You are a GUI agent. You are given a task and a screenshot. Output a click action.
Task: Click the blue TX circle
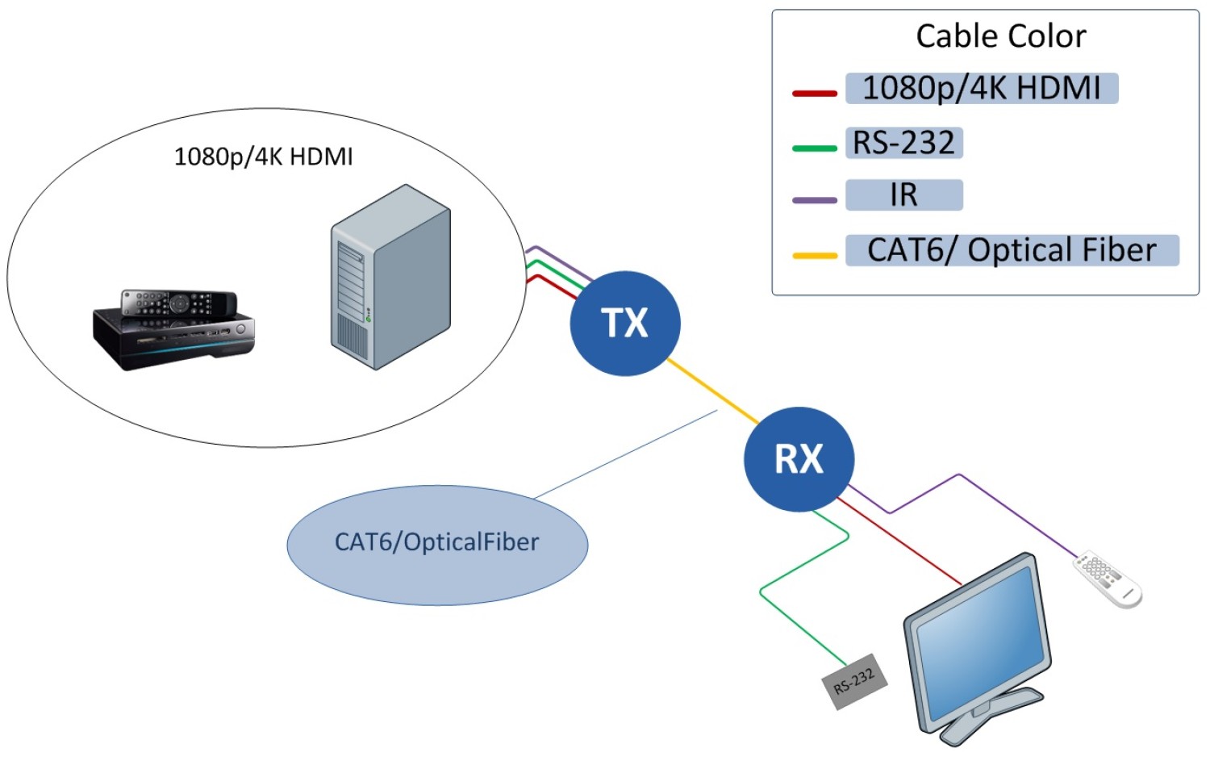tap(625, 323)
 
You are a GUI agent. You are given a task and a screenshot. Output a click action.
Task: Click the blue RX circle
tap(799, 458)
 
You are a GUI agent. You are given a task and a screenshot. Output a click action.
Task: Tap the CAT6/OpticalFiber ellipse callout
tap(437, 543)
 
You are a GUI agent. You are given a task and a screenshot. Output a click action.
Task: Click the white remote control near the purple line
tap(1107, 579)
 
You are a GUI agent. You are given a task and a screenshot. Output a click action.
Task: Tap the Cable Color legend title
tap(1000, 36)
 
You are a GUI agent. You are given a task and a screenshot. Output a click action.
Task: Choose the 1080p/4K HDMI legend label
tap(981, 88)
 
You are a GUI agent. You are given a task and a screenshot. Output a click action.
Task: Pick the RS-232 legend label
tap(903, 143)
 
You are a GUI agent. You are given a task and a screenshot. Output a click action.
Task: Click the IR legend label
tap(903, 195)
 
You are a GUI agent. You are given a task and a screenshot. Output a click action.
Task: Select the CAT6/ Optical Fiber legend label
tap(1012, 250)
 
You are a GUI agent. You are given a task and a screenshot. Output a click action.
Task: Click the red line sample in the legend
tap(814, 94)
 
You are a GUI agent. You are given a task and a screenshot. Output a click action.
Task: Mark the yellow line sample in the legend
tap(814, 256)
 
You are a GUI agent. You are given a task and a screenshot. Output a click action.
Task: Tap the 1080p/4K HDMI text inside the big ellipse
tap(263, 156)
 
